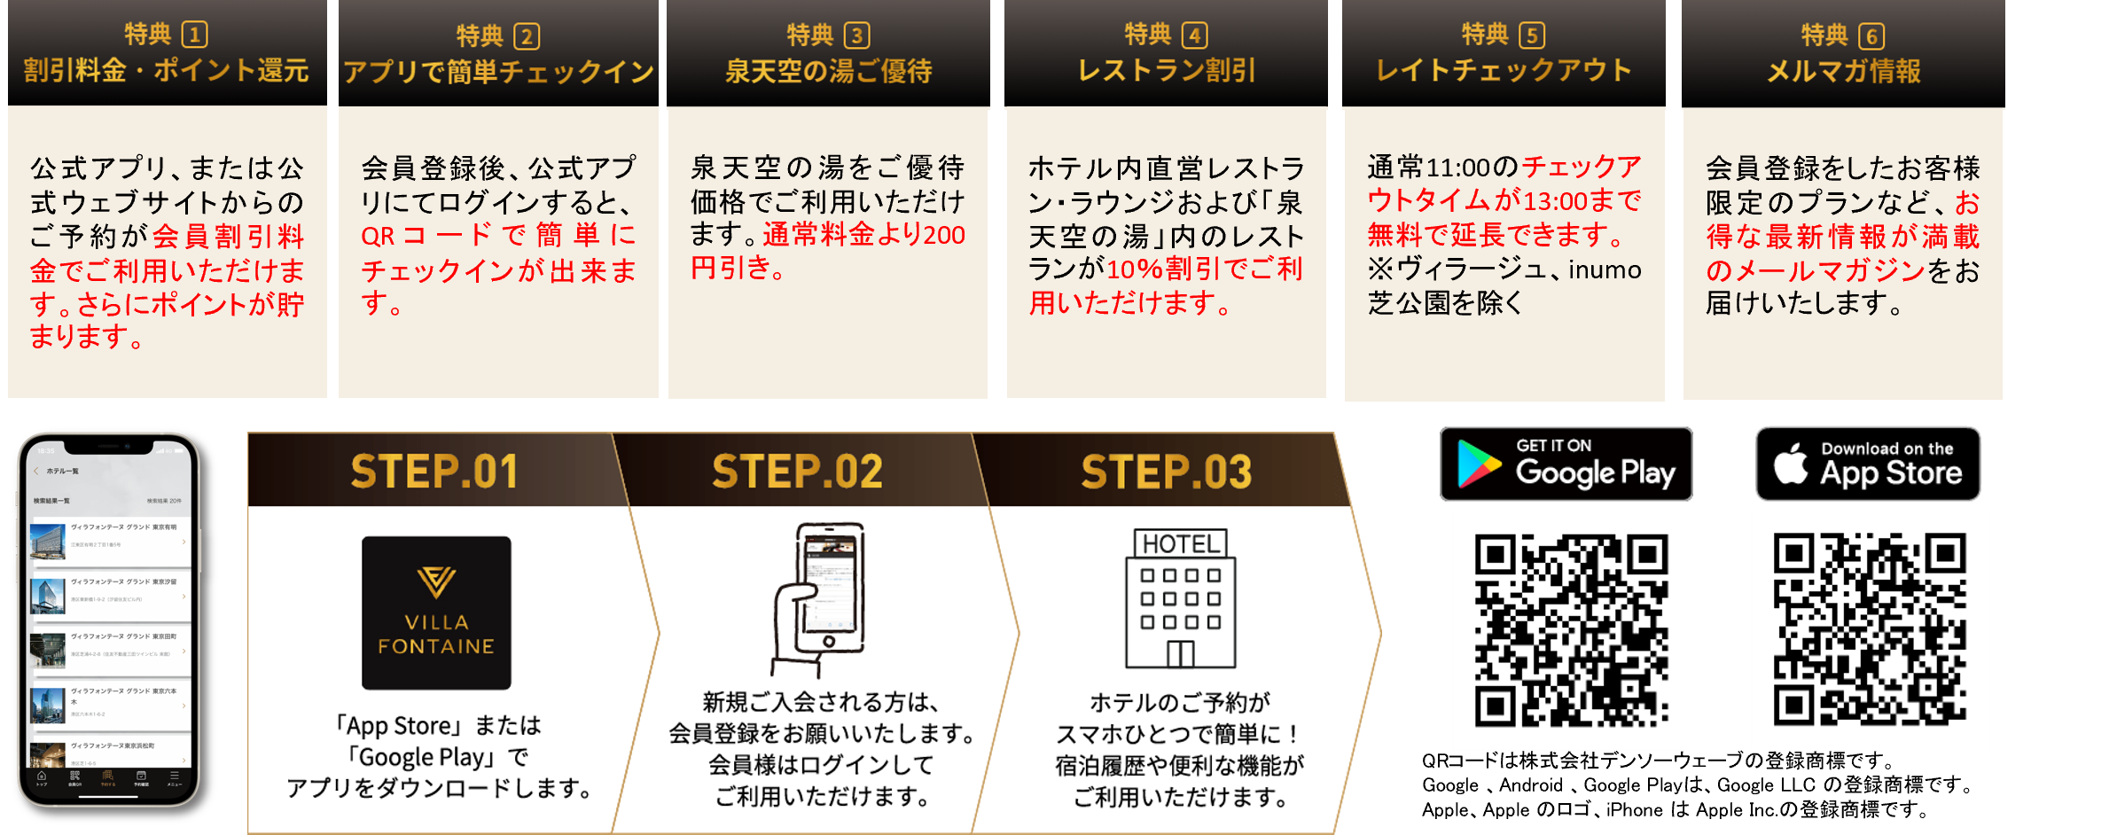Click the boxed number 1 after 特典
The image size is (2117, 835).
pos(194,35)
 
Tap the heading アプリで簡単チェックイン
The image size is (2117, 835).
pos(498,72)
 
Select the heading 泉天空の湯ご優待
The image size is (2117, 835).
pos(828,71)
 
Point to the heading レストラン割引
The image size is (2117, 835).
pos(1167,71)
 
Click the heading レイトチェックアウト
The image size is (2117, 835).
pos(1504,71)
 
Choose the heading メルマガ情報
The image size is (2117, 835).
pos(1843,71)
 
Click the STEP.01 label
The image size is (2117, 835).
pos(434,472)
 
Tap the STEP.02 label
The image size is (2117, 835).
pos(797,472)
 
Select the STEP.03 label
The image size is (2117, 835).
pos(1166,472)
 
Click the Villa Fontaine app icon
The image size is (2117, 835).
pos(436,613)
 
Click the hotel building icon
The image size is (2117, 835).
pos(1180,599)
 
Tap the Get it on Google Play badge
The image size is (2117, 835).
pos(1566,464)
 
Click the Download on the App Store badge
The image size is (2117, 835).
pos(1868,464)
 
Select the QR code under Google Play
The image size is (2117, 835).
pos(1572,630)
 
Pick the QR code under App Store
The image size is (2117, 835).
pos(1870,630)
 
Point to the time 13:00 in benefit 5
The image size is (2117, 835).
pos(1556,201)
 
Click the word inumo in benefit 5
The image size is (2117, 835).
pos(1605,269)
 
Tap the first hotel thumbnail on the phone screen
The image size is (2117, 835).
pos(48,541)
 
